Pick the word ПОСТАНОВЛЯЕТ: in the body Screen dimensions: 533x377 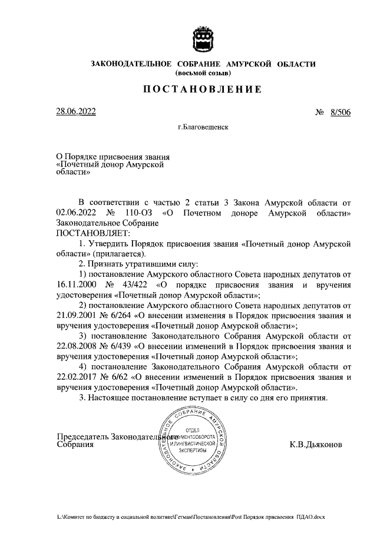[x=84, y=233]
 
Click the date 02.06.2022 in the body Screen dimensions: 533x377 [x=75, y=212]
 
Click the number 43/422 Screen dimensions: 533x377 [x=140, y=285]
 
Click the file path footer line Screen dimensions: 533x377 [x=191, y=516]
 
